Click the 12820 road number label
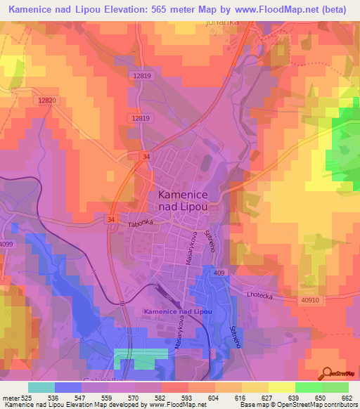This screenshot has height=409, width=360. pyautogui.click(x=46, y=101)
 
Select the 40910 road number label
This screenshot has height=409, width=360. pyautogui.click(x=313, y=300)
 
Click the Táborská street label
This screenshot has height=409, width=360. pyautogui.click(x=140, y=223)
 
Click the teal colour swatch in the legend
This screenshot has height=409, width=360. pyautogui.click(x=41, y=387)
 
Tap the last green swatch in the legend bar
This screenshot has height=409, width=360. pyautogui.click(x=335, y=387)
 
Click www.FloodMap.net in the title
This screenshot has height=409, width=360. pyautogui.click(x=272, y=8)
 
